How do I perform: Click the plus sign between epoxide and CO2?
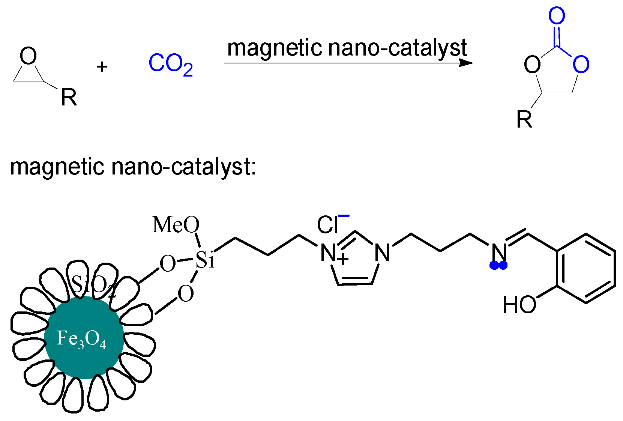102,67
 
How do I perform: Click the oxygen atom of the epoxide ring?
29,56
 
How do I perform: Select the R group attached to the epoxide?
69,98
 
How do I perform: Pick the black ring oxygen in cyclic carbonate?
532,65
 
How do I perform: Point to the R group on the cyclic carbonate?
524,120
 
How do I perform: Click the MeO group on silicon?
176,225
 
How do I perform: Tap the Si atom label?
205,260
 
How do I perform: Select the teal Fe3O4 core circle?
84,338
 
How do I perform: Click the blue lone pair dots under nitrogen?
498,266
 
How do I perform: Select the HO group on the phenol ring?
519,305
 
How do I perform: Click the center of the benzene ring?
585,269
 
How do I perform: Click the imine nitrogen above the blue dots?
499,253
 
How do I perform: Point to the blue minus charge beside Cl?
344,215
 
